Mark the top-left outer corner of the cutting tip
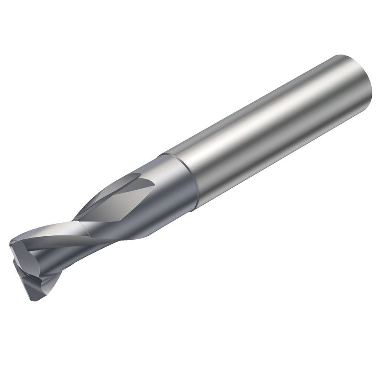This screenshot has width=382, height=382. (11, 244)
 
